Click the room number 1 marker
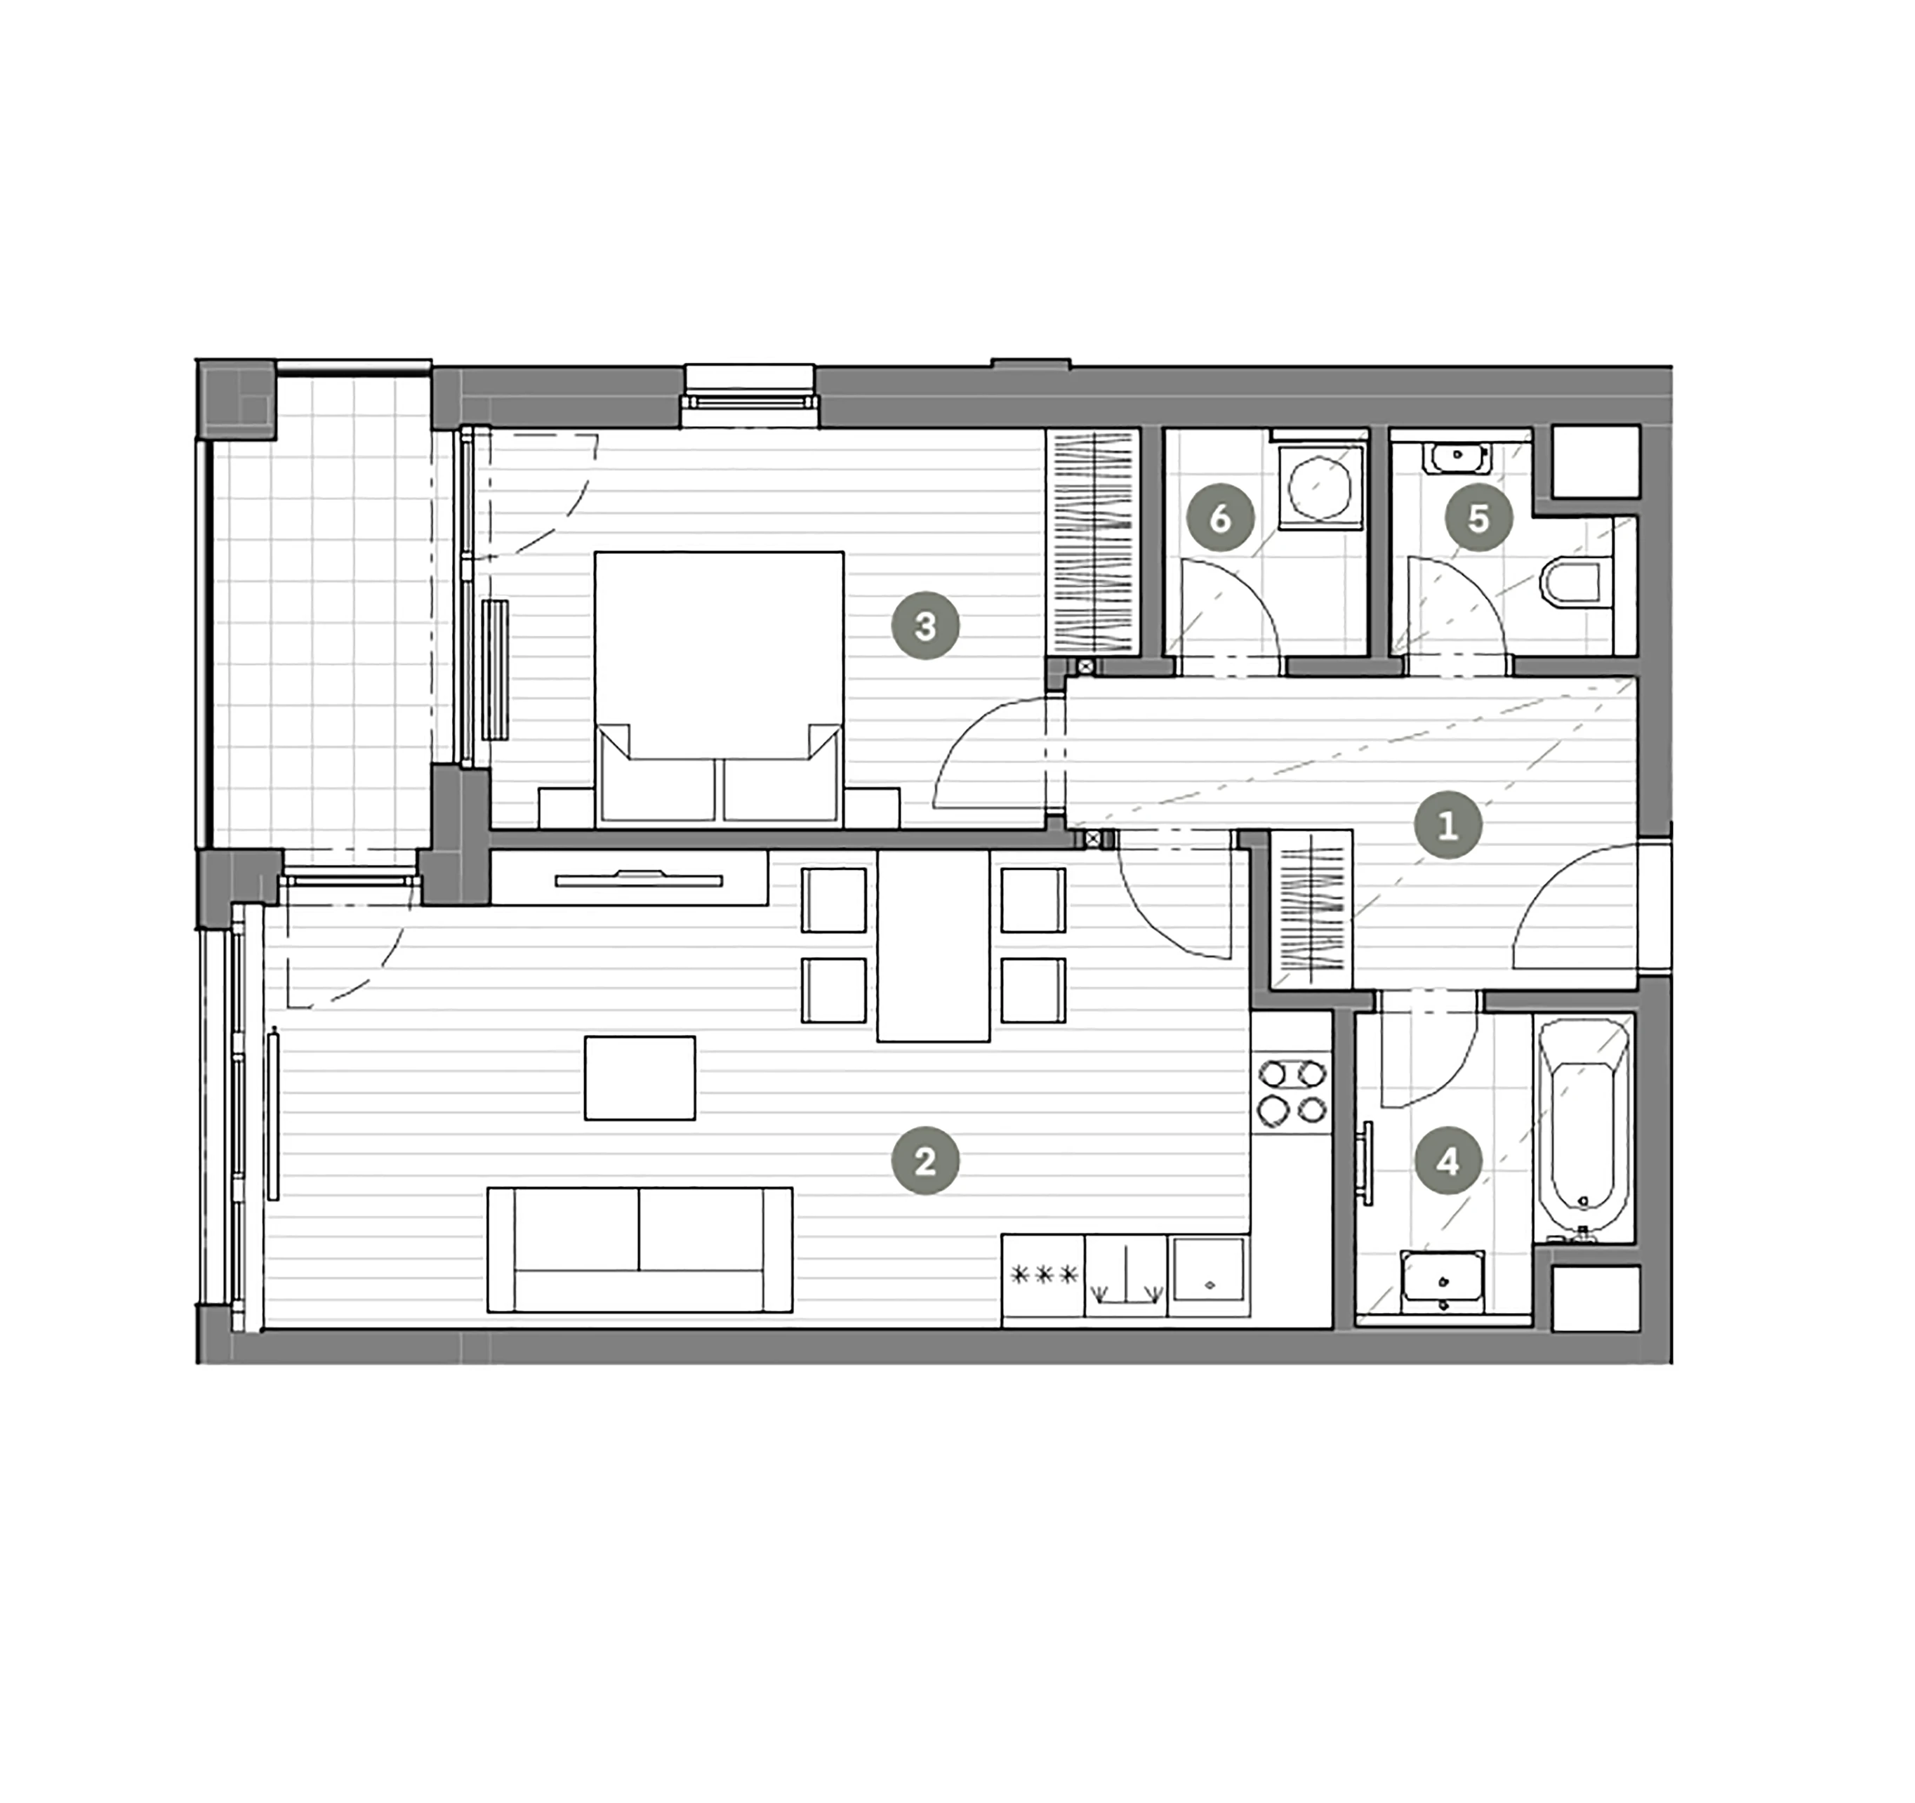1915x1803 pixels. [x=1447, y=825]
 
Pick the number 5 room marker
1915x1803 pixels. [x=1478, y=518]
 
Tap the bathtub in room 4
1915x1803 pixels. [x=1584, y=1128]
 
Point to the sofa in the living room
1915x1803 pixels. [x=640, y=1250]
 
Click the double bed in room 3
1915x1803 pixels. [x=720, y=689]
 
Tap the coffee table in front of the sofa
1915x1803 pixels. [x=640, y=1077]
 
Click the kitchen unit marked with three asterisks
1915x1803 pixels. [x=1043, y=1276]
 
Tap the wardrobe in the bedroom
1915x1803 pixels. [x=1092, y=543]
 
